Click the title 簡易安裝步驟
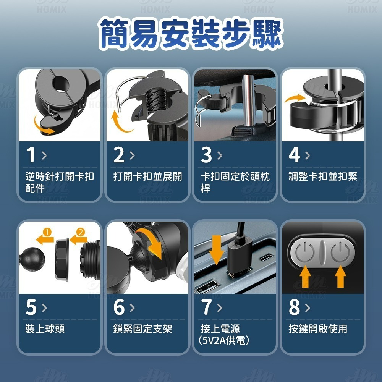tap(191, 34)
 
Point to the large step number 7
tap(207, 307)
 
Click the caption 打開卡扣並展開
tap(147, 176)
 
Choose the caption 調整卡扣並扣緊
tap(323, 176)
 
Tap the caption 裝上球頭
tap(45, 329)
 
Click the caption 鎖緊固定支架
tap(143, 329)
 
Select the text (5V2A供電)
tap(224, 340)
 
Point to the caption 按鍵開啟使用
tap(318, 329)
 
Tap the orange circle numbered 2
tap(80, 232)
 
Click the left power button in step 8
tap(305, 252)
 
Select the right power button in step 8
tap(341, 252)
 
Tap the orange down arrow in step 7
tap(216, 250)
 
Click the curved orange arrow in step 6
tap(150, 244)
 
